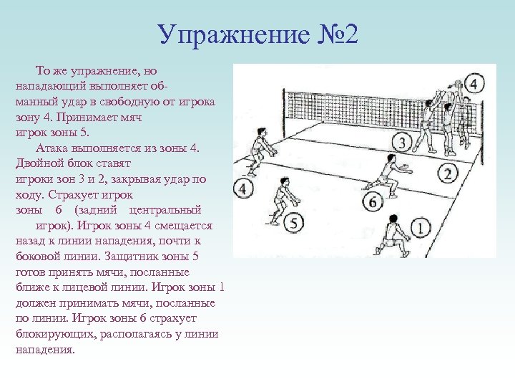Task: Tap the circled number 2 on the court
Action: (x=448, y=173)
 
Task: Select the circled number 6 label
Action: (x=372, y=203)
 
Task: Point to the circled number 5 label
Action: (x=293, y=224)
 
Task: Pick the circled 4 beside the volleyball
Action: (x=474, y=84)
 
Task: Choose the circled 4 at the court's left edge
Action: (x=243, y=189)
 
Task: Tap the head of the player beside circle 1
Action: (x=393, y=219)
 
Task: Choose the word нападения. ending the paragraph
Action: (x=44, y=350)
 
